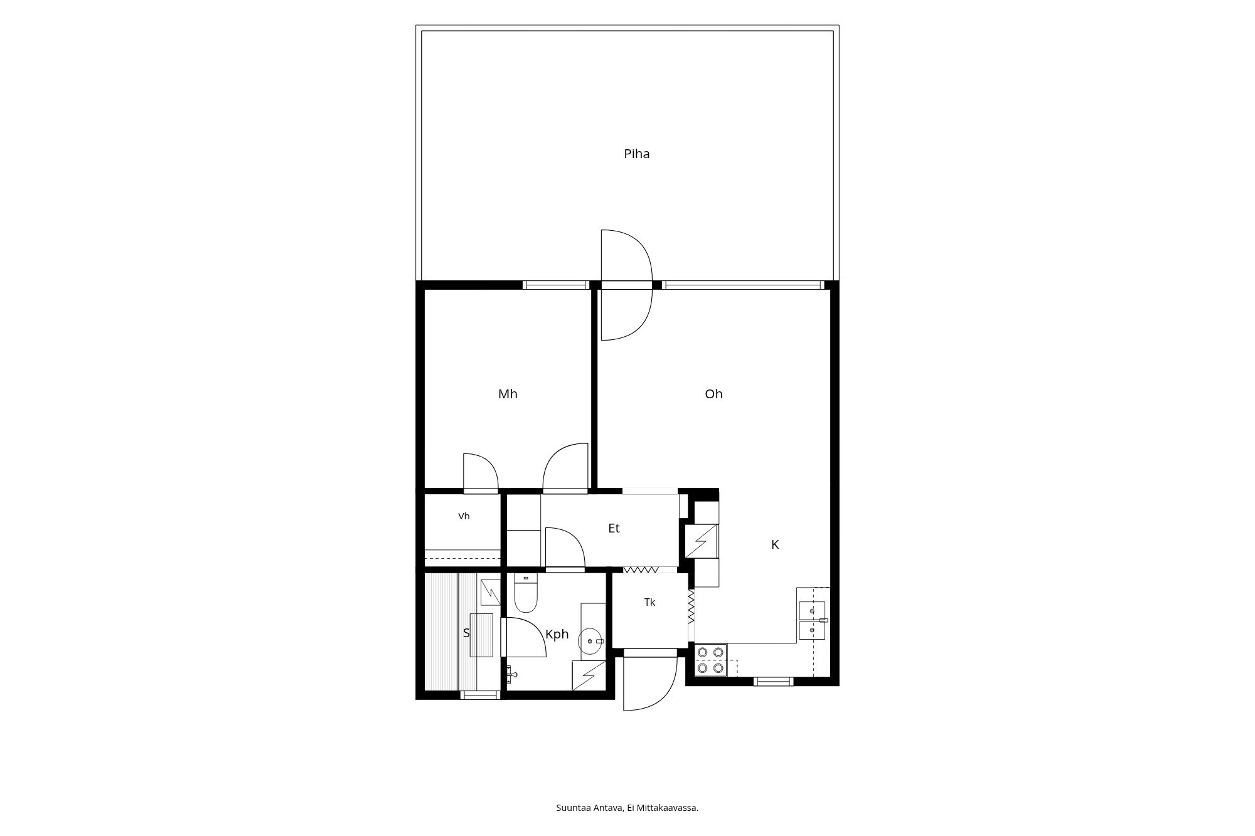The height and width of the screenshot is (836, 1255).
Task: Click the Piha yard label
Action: [636, 154]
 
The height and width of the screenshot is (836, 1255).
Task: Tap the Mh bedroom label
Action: [508, 394]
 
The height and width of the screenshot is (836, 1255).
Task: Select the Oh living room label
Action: [713, 394]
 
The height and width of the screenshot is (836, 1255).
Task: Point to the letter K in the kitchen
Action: [775, 544]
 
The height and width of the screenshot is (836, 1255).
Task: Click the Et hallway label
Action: [614, 528]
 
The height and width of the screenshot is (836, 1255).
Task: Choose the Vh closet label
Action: [464, 516]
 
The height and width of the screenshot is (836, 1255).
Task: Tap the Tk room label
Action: [649, 602]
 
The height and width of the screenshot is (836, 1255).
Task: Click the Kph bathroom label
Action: [557, 634]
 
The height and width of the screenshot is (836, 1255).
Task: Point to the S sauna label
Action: [466, 633]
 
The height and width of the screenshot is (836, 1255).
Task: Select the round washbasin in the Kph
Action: [590, 642]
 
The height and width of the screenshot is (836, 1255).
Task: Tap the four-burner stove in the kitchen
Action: [711, 660]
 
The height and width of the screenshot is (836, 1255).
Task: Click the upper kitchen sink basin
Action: [812, 610]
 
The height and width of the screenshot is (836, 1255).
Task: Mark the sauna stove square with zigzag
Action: [490, 589]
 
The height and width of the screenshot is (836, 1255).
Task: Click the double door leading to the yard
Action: [627, 285]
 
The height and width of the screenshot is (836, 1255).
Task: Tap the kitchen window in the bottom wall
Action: [774, 681]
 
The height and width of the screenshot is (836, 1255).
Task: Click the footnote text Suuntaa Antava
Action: [589, 808]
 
